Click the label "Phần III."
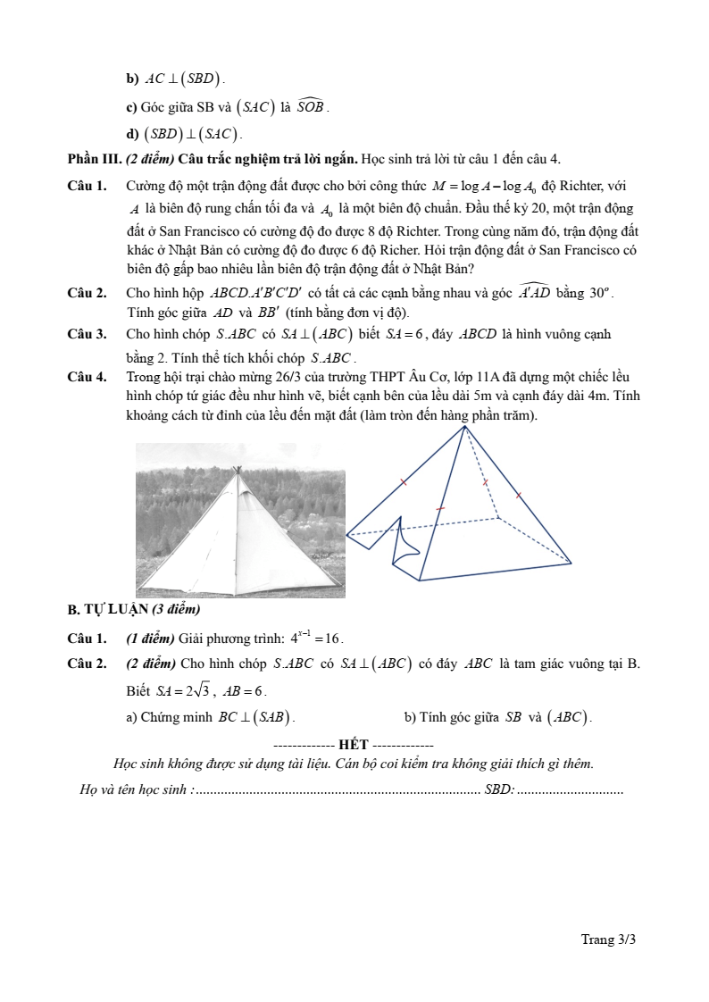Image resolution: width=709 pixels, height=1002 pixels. pyautogui.click(x=88, y=159)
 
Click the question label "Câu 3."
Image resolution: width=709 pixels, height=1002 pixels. pyautogui.click(x=87, y=334)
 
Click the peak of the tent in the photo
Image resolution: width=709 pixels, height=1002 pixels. pyautogui.click(x=237, y=470)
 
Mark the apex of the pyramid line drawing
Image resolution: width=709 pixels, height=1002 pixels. pyautogui.click(x=464, y=427)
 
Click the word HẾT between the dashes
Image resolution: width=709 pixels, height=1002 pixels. pyautogui.click(x=354, y=745)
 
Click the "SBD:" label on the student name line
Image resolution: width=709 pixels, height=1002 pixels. pyautogui.click(x=498, y=789)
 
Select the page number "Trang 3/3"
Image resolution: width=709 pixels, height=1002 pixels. pyautogui.click(x=608, y=939)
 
